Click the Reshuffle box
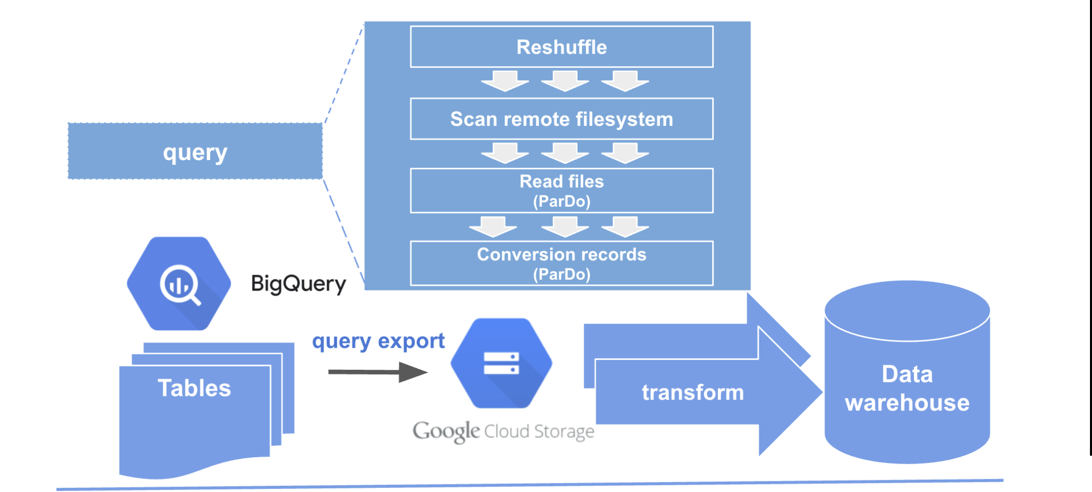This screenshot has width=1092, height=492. tap(561, 47)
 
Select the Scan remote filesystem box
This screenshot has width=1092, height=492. tap(561, 119)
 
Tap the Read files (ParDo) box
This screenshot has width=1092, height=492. tap(561, 191)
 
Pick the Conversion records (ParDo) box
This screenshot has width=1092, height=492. tap(561, 263)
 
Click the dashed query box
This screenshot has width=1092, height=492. tap(195, 151)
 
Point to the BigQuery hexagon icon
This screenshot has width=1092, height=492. tap(179, 283)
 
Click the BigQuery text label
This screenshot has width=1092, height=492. tap(298, 284)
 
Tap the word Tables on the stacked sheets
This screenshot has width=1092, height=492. tap(194, 388)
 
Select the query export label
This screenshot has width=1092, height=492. tap(378, 341)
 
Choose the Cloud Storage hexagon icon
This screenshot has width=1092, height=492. tap(502, 364)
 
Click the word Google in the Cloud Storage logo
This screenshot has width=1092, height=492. tap(446, 431)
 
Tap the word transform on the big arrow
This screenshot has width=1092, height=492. tap(693, 393)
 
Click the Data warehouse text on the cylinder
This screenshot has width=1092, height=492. tap(907, 389)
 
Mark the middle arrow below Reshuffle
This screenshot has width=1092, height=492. tap(565, 81)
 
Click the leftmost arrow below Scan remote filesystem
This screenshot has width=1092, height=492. tap(505, 153)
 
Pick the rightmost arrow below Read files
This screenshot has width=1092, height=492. tap(625, 227)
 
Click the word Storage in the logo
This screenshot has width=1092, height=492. tap(564, 432)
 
